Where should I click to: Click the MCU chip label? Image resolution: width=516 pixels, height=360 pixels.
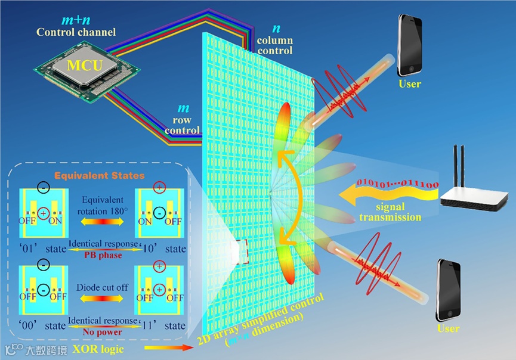[x=85, y=64]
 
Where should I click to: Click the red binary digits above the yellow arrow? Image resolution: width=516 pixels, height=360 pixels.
[x=397, y=181]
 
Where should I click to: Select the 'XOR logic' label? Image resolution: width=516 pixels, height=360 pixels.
[x=98, y=349]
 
